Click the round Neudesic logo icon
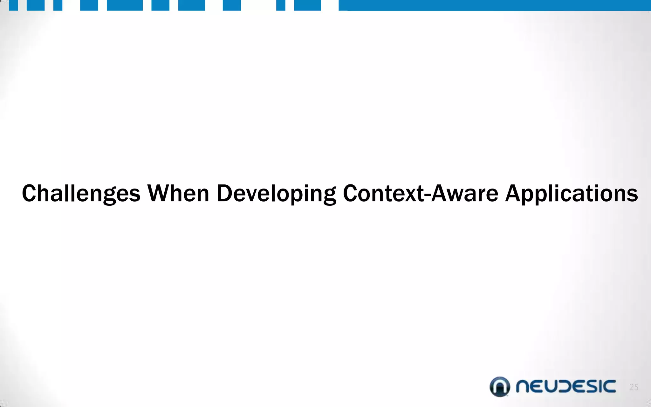tap(500, 387)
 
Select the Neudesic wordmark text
tap(566, 387)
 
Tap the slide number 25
tap(634, 387)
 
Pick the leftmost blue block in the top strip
tap(13, 5)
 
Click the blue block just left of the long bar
tap(307, 5)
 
